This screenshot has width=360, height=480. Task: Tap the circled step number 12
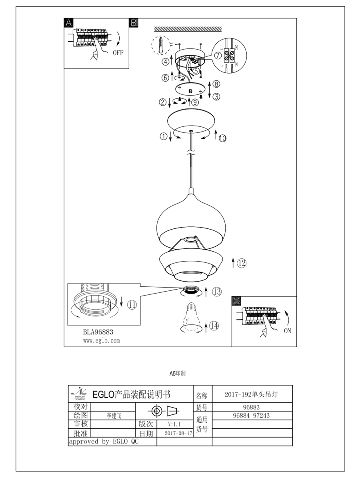click(x=241, y=263)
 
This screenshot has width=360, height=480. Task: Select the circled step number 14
click(x=214, y=326)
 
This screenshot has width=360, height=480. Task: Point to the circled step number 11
click(x=132, y=305)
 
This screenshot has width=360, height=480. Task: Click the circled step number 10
click(x=222, y=138)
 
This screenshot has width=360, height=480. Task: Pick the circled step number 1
click(x=163, y=136)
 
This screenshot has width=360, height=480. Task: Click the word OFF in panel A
click(x=118, y=53)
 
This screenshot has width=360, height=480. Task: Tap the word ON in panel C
click(x=287, y=331)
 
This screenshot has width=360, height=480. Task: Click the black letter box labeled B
click(x=134, y=22)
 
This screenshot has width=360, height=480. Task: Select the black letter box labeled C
click(x=236, y=301)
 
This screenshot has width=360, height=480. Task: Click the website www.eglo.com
click(x=101, y=341)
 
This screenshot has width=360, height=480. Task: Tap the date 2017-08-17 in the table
click(x=178, y=433)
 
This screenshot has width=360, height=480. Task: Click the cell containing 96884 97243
click(x=251, y=416)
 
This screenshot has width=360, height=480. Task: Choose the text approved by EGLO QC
click(x=104, y=442)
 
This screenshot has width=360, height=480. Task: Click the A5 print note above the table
click(x=177, y=373)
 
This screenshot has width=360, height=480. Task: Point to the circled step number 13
click(x=216, y=292)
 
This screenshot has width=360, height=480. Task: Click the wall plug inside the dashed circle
click(x=161, y=45)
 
